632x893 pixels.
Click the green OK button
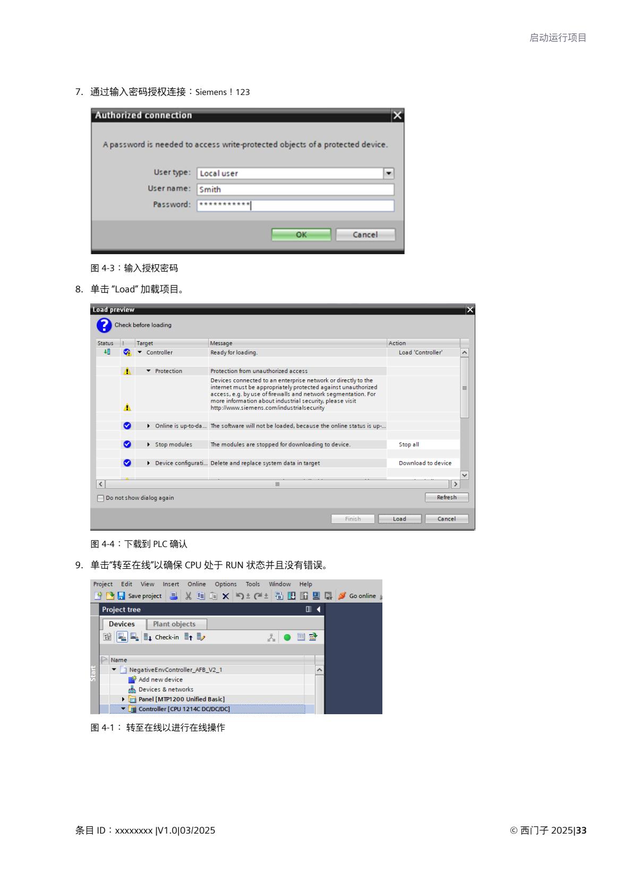301,235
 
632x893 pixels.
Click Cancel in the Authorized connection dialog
365,235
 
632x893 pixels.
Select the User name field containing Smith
295,189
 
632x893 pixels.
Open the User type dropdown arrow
389,174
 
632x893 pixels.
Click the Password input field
295,205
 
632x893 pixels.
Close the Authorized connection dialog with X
397,115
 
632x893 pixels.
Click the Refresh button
447,497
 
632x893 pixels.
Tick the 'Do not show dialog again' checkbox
100,498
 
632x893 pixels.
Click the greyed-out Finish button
353,518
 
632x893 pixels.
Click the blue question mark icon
104,325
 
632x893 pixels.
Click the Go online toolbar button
357,596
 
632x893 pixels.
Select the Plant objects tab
174,624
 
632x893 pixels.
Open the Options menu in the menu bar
225,584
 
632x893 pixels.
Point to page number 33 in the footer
581,830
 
